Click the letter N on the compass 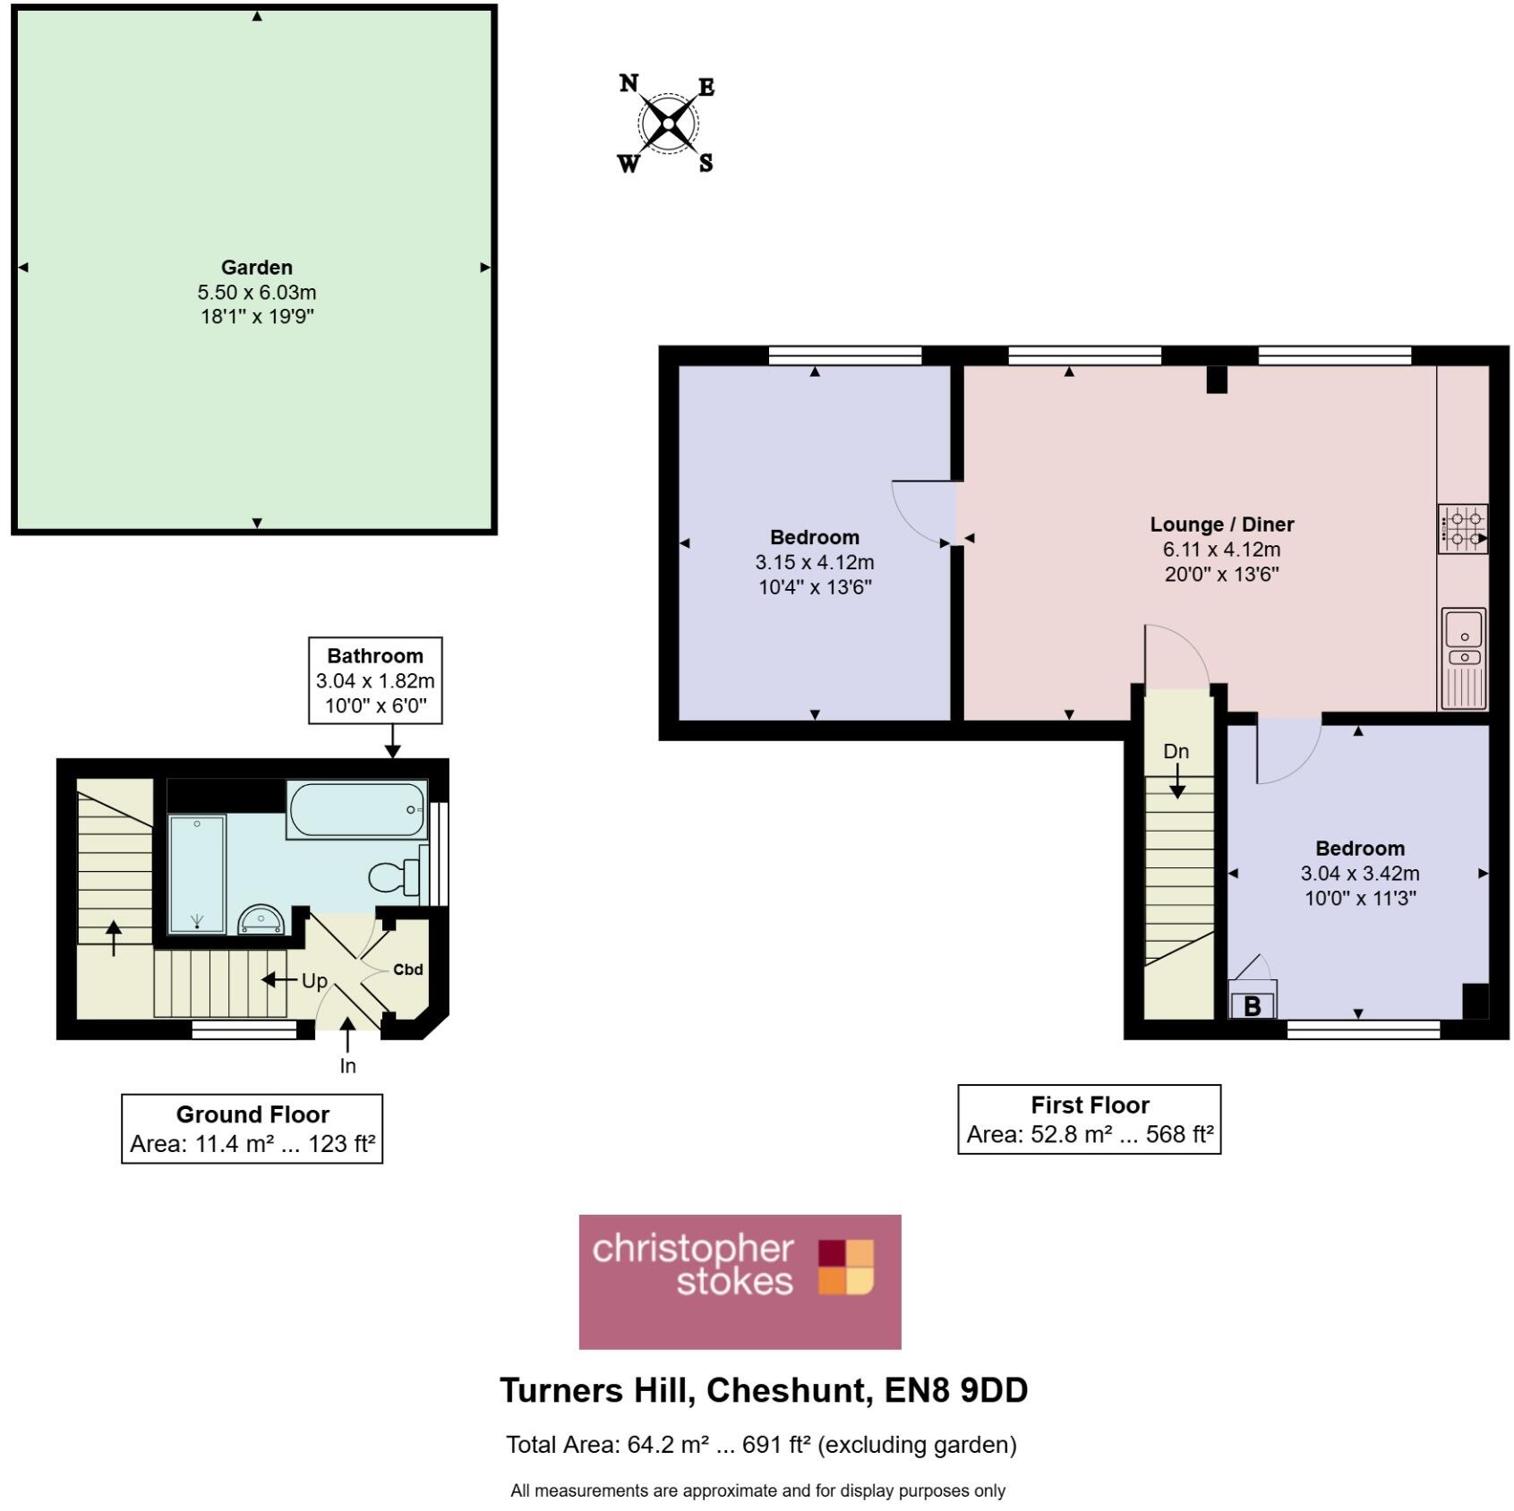click(x=629, y=84)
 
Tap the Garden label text click(x=257, y=268)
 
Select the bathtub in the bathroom click(x=356, y=810)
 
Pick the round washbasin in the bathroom click(x=261, y=920)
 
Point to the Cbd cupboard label click(x=407, y=969)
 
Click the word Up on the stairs click(x=314, y=981)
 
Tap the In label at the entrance click(x=347, y=1066)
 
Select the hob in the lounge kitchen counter click(x=1462, y=529)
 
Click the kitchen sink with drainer click(x=1464, y=658)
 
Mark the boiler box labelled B click(x=1253, y=1004)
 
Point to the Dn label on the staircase click(x=1176, y=752)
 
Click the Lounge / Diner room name click(x=1221, y=525)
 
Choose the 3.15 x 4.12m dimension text click(x=814, y=563)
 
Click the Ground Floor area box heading click(x=252, y=1114)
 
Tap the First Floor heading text click(x=1089, y=1105)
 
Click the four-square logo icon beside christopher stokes click(x=845, y=1267)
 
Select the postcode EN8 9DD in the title click(x=955, y=1390)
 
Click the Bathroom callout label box click(x=375, y=680)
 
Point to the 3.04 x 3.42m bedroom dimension click(x=1359, y=874)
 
